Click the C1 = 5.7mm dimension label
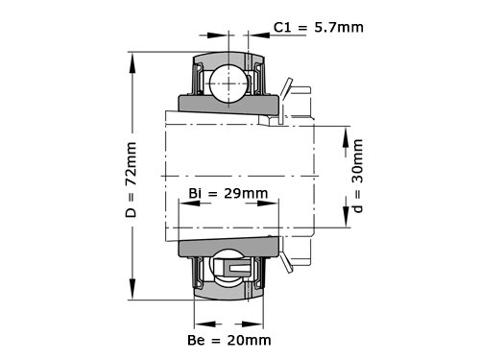pyautogui.click(x=319, y=28)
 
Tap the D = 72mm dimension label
pyautogui.click(x=131, y=180)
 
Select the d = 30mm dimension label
pyautogui.click(x=357, y=176)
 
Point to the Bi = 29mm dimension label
pyautogui.click(x=228, y=193)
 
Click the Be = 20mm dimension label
pyautogui.click(x=229, y=340)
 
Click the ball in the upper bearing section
pyautogui.click(x=228, y=84)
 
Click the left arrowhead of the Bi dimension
pyautogui.click(x=190, y=204)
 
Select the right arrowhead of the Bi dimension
pyautogui.click(x=268, y=204)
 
